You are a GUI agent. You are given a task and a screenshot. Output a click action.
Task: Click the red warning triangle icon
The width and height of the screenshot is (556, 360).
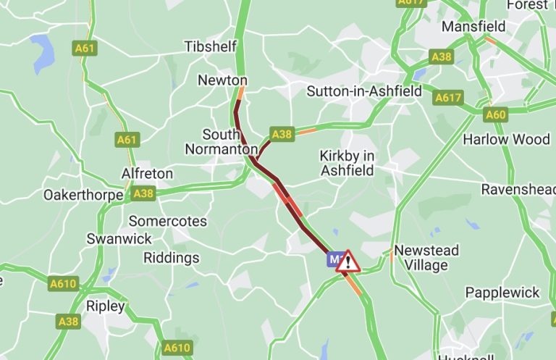pyautogui.click(x=348, y=260)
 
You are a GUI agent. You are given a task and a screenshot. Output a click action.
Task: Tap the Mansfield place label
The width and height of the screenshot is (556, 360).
pyautogui.click(x=473, y=26)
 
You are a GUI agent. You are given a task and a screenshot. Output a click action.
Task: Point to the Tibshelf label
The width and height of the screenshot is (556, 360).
pyautogui.click(x=210, y=46)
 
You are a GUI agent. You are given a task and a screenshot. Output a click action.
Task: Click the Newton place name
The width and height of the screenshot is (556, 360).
pyautogui.click(x=222, y=80)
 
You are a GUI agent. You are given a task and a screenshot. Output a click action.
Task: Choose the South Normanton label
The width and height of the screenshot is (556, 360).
pyautogui.click(x=221, y=142)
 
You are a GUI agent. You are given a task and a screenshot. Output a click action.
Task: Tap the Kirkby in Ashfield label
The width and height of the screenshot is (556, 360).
pyautogui.click(x=347, y=163)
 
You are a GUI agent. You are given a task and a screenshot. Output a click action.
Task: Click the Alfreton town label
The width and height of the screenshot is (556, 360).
pyautogui.click(x=147, y=174)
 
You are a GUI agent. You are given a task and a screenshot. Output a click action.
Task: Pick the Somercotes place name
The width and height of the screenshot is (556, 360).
pyautogui.click(x=167, y=221)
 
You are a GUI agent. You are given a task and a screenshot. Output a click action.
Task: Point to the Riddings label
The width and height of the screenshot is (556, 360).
pyautogui.click(x=171, y=258)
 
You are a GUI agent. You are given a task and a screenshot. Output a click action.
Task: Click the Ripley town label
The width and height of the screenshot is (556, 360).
pyautogui.click(x=106, y=306)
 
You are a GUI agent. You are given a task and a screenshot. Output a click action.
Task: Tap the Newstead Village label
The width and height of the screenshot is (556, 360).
pyautogui.click(x=426, y=258)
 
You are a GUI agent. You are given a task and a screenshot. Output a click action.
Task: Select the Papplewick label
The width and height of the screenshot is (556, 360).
pyautogui.click(x=502, y=293)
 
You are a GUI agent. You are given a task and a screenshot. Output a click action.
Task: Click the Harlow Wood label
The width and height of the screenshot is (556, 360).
pyautogui.click(x=507, y=138)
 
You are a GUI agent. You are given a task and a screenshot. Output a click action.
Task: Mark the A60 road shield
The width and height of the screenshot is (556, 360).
pyautogui.click(x=496, y=114)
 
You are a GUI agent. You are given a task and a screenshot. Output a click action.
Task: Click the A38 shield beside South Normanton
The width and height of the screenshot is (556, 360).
pyautogui.click(x=281, y=134)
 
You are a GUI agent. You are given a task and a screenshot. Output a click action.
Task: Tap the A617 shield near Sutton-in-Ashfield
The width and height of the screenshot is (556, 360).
pyautogui.click(x=448, y=97)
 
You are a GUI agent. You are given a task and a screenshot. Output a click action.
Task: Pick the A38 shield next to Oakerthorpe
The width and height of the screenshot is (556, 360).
pyautogui.click(x=143, y=193)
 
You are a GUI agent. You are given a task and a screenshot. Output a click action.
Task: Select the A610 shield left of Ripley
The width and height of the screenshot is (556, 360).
pyautogui.click(x=63, y=284)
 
